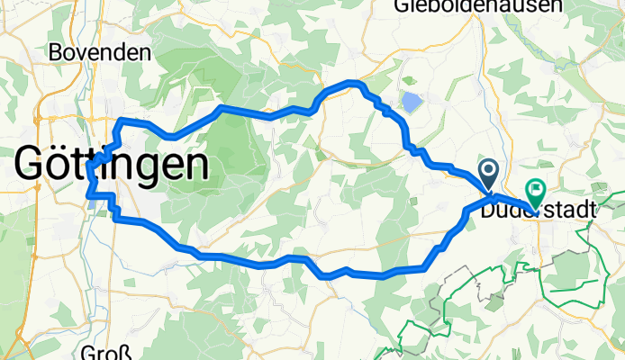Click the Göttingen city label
(112, 165)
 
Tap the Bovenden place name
(99, 52)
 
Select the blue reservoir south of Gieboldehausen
(411, 103)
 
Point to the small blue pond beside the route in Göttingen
(94, 202)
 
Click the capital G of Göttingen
(32, 166)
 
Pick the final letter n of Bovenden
(145, 52)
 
